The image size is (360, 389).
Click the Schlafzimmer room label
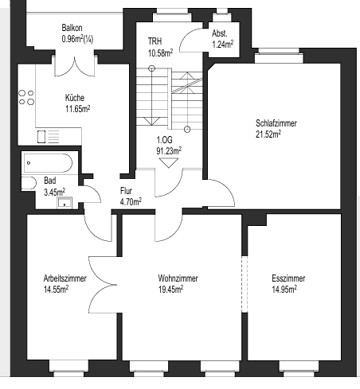click(x=276, y=123)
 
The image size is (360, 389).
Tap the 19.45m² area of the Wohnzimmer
click(x=170, y=290)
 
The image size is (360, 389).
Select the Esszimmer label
click(x=288, y=278)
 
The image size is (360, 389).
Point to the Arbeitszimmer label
click(x=65, y=278)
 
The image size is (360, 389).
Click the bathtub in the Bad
click(x=48, y=163)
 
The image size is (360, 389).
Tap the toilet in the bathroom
click(x=29, y=183)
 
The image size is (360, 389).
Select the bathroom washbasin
click(x=65, y=203)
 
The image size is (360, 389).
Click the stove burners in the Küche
click(x=26, y=97)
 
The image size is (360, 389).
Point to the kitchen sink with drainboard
click(x=48, y=137)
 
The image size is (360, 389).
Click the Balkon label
click(x=72, y=28)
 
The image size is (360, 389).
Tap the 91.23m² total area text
click(x=169, y=151)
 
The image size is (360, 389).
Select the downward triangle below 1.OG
click(x=169, y=163)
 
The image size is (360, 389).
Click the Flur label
click(x=126, y=191)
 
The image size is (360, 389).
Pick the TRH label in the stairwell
click(x=155, y=41)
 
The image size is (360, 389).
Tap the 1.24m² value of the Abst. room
click(x=223, y=45)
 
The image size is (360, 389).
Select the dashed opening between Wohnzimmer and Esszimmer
click(x=245, y=284)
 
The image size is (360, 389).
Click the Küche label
click(x=75, y=98)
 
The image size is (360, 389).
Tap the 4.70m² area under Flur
click(x=131, y=202)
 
